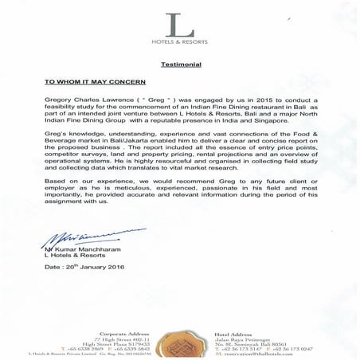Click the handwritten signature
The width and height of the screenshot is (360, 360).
76,237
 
